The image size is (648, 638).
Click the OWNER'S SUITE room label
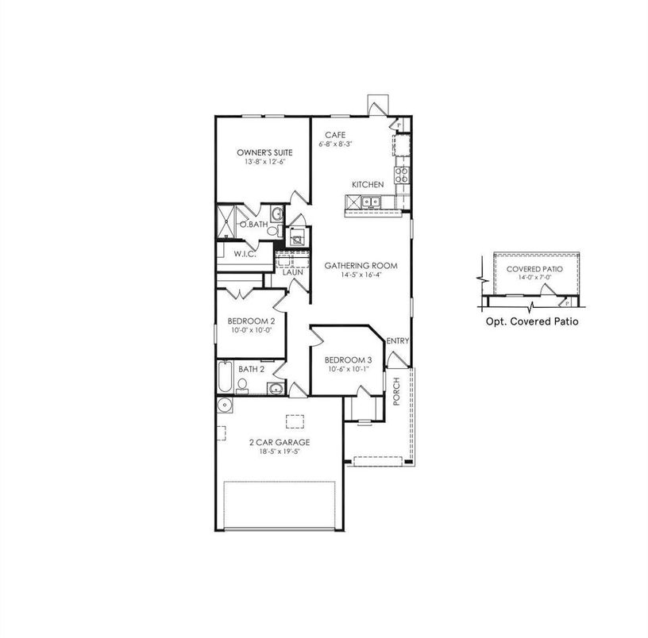[265, 152]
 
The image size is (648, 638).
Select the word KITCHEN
[368, 185]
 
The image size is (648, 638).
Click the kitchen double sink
[370, 202]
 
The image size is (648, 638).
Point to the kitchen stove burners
[401, 175]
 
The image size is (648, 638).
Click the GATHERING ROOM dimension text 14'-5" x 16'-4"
[360, 275]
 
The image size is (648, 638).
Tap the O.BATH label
[253, 225]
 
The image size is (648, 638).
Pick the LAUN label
[293, 271]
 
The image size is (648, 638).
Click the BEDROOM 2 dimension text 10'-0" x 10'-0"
[250, 330]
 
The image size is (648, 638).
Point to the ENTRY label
[397, 341]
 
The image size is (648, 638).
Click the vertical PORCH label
[397, 390]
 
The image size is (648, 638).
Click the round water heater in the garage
[225, 406]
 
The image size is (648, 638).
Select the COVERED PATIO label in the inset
[530, 269]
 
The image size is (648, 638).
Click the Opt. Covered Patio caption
[530, 322]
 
